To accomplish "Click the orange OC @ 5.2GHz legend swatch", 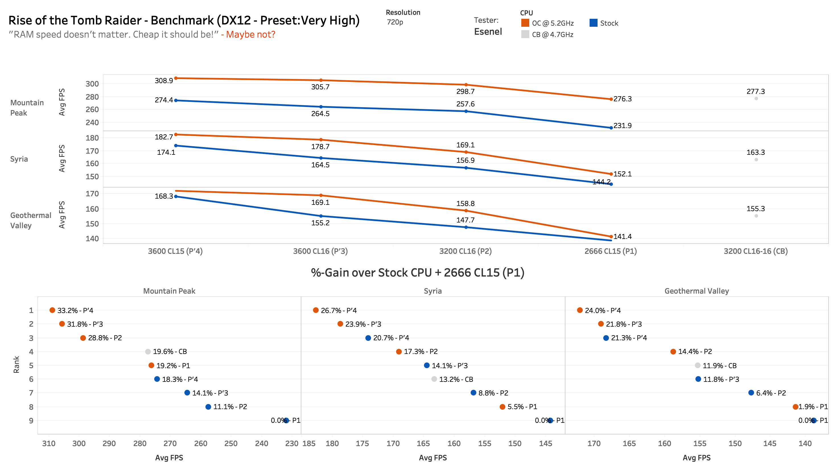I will [x=525, y=23].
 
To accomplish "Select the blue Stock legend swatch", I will [x=593, y=23].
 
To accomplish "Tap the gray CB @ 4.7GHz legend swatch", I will [x=525, y=34].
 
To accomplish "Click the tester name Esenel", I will [x=488, y=32].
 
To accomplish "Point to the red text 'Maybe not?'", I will [x=250, y=34].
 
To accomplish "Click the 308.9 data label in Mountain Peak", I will [x=164, y=81].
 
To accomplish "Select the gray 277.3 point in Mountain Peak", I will [x=756, y=98].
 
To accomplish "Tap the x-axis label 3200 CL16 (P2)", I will [x=465, y=251].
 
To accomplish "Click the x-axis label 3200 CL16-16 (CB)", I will [x=755, y=251].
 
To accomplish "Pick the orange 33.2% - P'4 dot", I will [x=52, y=310].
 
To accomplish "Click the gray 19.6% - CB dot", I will [x=148, y=351].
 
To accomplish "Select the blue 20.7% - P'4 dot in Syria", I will [x=368, y=338].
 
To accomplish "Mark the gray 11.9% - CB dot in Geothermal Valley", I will [x=697, y=365].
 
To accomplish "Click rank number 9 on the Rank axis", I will [x=31, y=420].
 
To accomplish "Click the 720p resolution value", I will [x=395, y=22].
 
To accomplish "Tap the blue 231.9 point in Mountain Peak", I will [x=611, y=128].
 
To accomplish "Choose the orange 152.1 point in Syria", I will [x=611, y=174].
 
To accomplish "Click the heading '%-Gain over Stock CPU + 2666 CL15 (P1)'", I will [x=417, y=273].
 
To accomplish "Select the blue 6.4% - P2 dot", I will [x=751, y=393].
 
